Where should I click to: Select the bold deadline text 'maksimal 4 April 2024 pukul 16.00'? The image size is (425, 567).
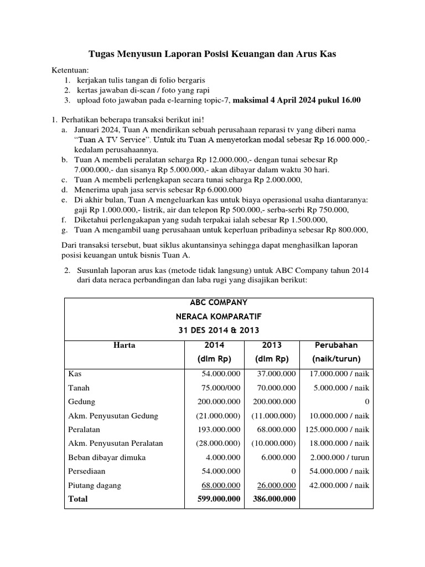(x=297, y=100)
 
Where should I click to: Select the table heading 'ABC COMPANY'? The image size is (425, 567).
(x=219, y=302)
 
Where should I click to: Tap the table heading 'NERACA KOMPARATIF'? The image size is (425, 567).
(x=219, y=316)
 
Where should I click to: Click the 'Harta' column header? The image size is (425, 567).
(x=124, y=345)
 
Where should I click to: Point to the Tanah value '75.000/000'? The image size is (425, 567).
(x=221, y=388)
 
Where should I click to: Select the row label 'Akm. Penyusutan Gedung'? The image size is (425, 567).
(x=113, y=416)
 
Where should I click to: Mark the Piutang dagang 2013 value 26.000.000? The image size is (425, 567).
(x=277, y=485)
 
